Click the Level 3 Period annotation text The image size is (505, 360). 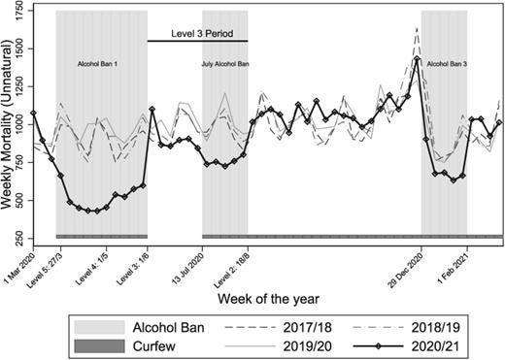coord(202,34)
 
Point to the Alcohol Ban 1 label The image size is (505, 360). coord(97,64)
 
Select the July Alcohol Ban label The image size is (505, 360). coord(225,64)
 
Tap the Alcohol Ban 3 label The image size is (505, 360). coord(447,64)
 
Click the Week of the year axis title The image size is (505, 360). coord(268,299)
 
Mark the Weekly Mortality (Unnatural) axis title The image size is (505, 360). coord(8,125)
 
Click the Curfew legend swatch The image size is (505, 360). coord(99,346)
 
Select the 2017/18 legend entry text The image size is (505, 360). coord(308,328)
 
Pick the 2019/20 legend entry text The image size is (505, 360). coord(308,346)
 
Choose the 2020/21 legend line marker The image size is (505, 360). coord(378,346)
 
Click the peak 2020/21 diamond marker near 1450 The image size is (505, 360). coord(418,59)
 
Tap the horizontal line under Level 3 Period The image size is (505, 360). coord(198,41)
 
